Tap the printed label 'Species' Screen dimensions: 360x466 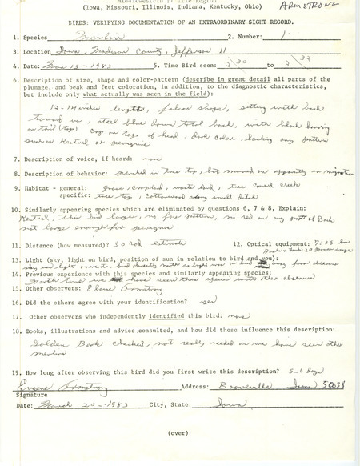pos(47,37)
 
